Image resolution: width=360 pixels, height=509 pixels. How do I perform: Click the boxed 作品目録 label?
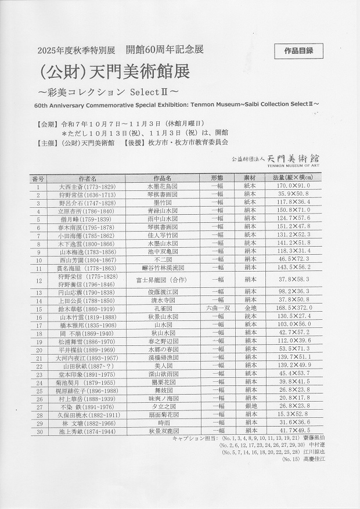pos(299,50)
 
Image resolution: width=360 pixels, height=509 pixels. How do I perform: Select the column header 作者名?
pos(87,179)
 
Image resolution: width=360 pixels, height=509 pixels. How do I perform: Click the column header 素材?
pos(250,179)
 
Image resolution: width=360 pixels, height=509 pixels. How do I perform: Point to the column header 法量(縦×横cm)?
pos(298,179)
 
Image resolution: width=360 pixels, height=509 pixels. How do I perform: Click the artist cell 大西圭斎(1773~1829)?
pos(87,187)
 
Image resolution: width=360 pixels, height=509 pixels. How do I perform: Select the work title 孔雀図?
pos(162,309)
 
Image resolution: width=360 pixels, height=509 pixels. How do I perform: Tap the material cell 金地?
pos(250,309)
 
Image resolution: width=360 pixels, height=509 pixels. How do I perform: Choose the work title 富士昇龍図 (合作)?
pos(163,280)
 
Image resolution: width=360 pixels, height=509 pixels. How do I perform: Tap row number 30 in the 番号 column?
pos(38,431)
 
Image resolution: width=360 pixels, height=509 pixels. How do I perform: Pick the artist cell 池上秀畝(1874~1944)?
pos(87,431)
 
